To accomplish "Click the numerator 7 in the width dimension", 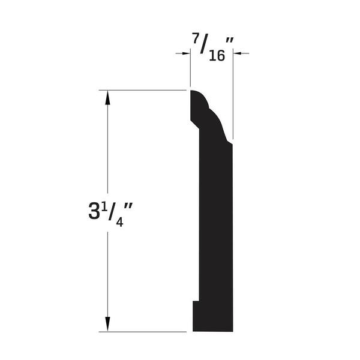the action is pyautogui.click(x=196, y=38).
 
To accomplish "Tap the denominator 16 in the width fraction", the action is pyautogui.click(x=217, y=56).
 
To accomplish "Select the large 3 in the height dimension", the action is pyautogui.click(x=94, y=211).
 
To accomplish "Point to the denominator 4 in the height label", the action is pyautogui.click(x=119, y=222).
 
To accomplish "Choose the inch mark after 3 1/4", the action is pyautogui.click(x=128, y=206).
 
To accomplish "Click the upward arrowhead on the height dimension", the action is pyautogui.click(x=107, y=98).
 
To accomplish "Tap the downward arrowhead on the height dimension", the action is pyautogui.click(x=107, y=324).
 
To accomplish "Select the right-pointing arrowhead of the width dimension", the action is pyautogui.click(x=186, y=53).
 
